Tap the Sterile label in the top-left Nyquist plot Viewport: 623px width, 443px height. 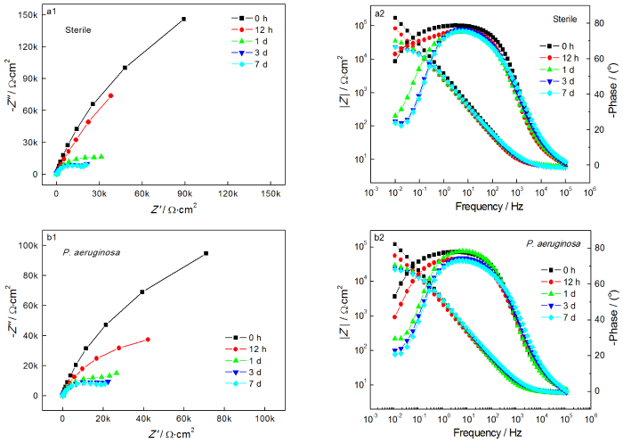(77, 29)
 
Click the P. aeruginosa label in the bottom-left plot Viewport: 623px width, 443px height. (92, 252)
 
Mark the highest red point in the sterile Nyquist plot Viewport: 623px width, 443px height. (111, 95)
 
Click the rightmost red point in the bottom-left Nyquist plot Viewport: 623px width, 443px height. (148, 340)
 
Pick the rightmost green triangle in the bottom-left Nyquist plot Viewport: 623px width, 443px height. (117, 373)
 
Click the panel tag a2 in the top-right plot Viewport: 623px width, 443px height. (379, 12)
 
